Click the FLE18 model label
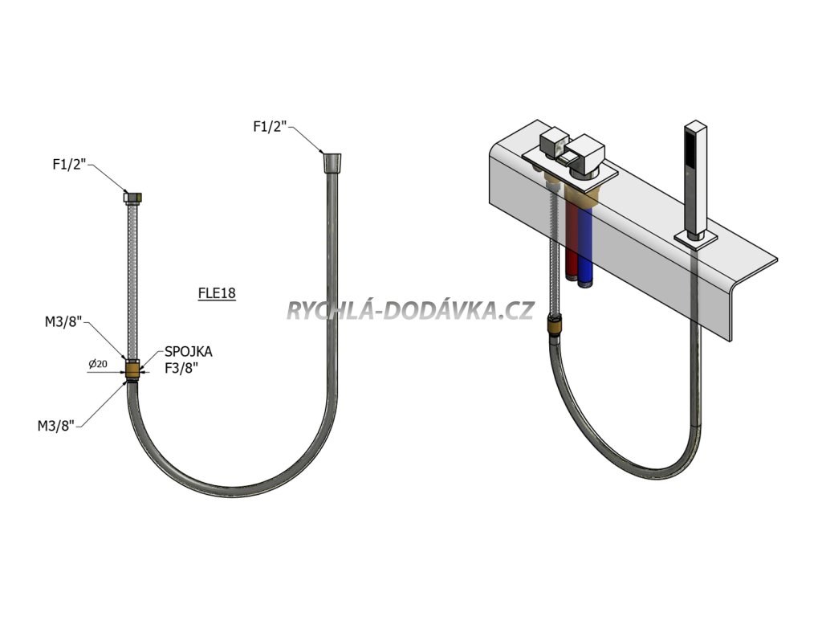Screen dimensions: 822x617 [x=217, y=293]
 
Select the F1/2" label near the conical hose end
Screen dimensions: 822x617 [x=271, y=126]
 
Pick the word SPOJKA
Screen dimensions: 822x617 [x=189, y=352]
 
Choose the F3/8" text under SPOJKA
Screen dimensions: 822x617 [x=182, y=369]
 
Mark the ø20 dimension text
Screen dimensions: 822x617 [x=98, y=364]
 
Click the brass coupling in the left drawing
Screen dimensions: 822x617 [x=133, y=370]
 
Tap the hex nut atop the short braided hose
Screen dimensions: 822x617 [x=133, y=196]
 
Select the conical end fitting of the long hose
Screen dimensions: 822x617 [x=331, y=163]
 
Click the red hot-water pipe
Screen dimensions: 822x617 [x=572, y=241]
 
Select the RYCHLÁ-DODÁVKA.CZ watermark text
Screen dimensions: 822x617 [x=409, y=310]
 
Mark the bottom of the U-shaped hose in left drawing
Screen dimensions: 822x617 [x=231, y=484]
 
